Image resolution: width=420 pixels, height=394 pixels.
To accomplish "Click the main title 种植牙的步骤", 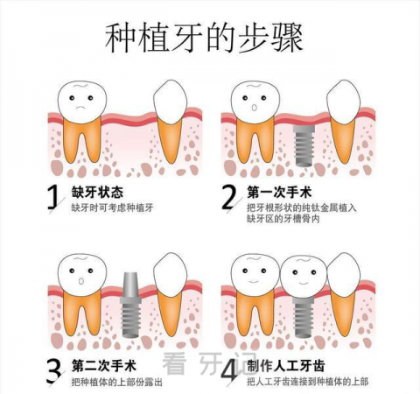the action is (204, 38).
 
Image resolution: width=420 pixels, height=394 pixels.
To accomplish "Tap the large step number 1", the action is (52, 197).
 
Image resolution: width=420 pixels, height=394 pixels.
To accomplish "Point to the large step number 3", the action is (53, 371).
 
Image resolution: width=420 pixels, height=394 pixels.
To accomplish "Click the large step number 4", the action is (229, 370).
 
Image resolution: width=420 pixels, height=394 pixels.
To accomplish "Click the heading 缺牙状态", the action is (98, 192).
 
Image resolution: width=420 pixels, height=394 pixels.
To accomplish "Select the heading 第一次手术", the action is (279, 192).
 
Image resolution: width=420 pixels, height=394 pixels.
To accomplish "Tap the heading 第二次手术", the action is (104, 366).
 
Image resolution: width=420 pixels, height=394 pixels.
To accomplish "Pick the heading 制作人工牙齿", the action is (286, 366).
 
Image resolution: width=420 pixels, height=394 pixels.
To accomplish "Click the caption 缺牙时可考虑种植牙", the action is (113, 208).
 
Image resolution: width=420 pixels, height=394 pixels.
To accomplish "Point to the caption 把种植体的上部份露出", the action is (117, 382).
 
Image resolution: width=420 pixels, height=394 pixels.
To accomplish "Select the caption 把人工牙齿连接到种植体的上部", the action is (308, 381).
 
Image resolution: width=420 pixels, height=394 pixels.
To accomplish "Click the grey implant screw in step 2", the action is (304, 145).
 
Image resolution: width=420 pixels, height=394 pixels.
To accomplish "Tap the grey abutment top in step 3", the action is (130, 287).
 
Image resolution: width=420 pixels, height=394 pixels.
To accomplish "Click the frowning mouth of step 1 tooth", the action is (80, 107).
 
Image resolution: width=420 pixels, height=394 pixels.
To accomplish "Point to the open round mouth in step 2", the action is (255, 108).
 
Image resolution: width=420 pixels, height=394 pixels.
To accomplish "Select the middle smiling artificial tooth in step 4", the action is (304, 276).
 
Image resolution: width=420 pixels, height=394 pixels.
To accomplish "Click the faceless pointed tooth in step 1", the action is (170, 102).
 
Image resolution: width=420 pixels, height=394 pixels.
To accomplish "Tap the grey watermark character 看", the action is (174, 363).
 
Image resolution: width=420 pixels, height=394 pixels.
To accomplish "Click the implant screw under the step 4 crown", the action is (304, 317).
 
